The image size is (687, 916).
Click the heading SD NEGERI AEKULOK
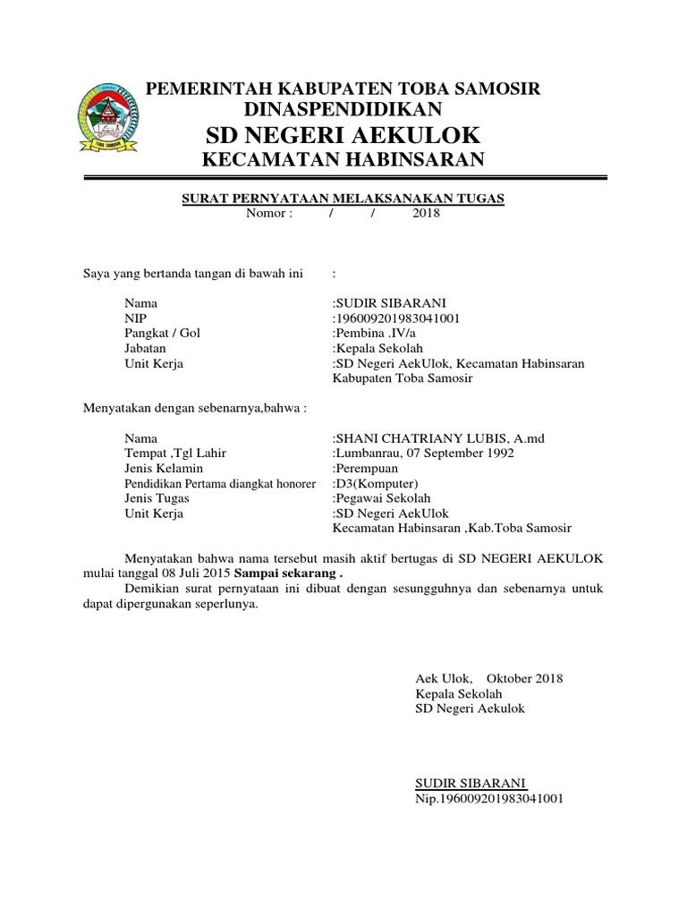pos(343,135)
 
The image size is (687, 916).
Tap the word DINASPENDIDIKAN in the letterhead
pos(343,109)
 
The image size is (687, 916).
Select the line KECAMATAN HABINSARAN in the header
pos(343,161)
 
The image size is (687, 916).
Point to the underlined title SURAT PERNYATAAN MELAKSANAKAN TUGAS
pos(343,199)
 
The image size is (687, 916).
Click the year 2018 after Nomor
pos(427,214)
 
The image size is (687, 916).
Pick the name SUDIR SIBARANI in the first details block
pos(389,303)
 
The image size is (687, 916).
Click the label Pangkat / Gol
pos(163,333)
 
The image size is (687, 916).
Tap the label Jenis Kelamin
pos(164,469)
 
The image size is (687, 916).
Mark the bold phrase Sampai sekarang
pos(289,572)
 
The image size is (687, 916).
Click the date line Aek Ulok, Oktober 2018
pos(489,679)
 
